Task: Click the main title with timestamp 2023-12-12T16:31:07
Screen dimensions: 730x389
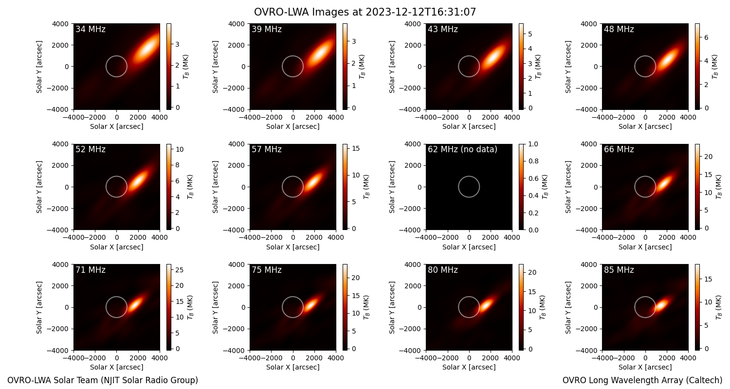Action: (x=365, y=12)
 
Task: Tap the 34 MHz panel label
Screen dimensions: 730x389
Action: (x=91, y=29)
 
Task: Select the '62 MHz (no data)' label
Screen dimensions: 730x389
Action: (x=462, y=149)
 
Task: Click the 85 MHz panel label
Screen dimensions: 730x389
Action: (x=619, y=270)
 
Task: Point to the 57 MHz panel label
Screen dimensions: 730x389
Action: (x=267, y=149)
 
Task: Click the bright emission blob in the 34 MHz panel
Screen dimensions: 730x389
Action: (x=146, y=47)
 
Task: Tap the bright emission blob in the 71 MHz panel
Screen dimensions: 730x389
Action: (x=135, y=305)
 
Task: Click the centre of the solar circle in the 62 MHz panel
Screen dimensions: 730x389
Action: (x=469, y=187)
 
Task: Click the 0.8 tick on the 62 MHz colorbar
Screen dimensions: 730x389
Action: (x=533, y=161)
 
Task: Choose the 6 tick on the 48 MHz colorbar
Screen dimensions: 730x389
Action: (x=706, y=37)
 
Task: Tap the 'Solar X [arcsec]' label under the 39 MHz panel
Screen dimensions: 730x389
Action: (x=292, y=126)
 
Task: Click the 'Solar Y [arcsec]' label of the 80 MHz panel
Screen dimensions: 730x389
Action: (x=392, y=307)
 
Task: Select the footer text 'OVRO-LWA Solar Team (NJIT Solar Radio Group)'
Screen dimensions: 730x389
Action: (x=103, y=380)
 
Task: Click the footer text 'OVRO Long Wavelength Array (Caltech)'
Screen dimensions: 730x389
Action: (x=642, y=380)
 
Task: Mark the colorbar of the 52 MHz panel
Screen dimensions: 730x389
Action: (x=169, y=187)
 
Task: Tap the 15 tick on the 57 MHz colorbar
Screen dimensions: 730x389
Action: (x=356, y=148)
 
